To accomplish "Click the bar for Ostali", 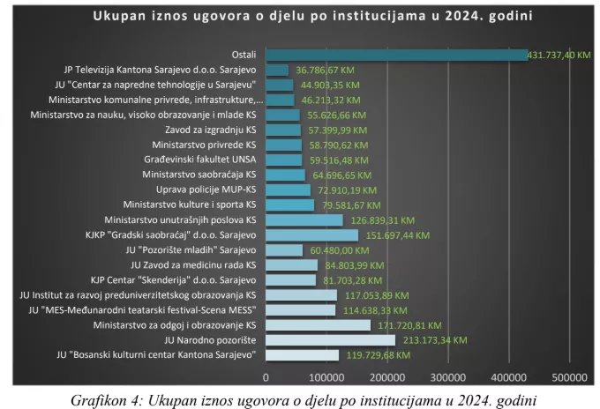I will click(397, 55).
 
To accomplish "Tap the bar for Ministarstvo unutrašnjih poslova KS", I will click(304, 219).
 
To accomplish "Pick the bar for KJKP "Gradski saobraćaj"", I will click(311, 235).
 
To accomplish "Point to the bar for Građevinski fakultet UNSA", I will click(283, 160).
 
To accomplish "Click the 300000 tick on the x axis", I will click(448, 376).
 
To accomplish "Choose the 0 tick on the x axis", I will click(266, 376).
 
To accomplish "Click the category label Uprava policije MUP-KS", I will click(206, 190).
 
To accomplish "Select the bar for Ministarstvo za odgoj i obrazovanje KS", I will click(319, 325).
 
